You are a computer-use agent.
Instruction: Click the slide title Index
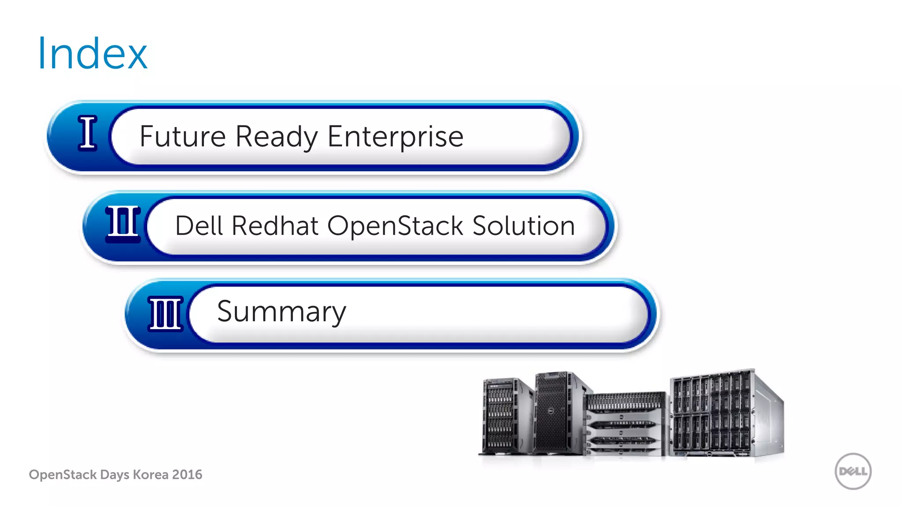tap(92, 54)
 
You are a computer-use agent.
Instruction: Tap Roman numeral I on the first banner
tap(88, 133)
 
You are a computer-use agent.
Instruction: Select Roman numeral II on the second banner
tap(123, 224)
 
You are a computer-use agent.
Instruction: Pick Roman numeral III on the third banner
tap(166, 313)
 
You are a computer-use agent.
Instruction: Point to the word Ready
tap(277, 137)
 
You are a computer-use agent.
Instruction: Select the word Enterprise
tap(395, 137)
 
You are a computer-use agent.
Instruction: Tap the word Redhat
tap(275, 226)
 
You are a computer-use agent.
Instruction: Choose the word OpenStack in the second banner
tap(395, 226)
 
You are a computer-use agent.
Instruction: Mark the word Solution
tap(523, 226)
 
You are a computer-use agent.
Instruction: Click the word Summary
tap(281, 312)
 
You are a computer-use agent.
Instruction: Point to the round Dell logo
tap(853, 471)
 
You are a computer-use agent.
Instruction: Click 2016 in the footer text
tap(187, 474)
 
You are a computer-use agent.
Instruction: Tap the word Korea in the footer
tap(151, 474)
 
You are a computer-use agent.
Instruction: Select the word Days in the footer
tap(115, 474)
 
